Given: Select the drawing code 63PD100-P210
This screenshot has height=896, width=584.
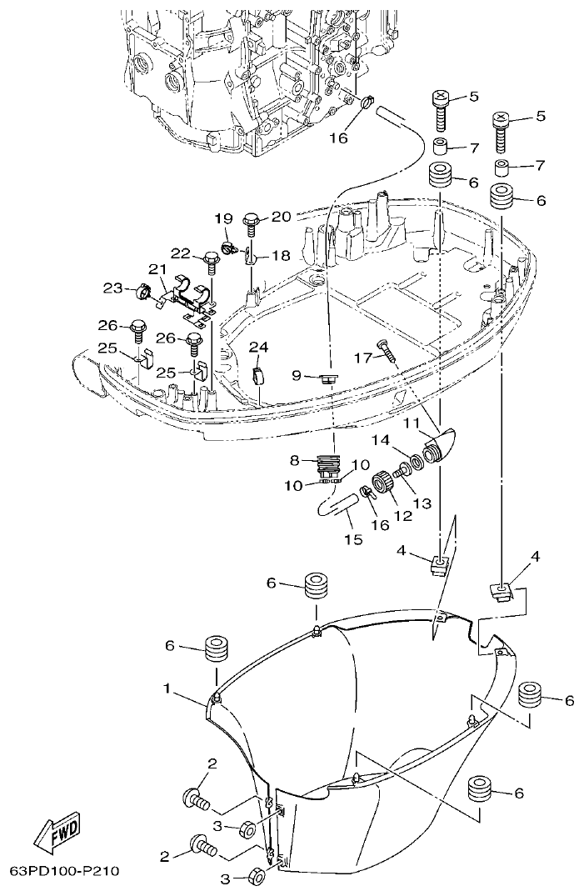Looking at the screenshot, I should pos(64,872).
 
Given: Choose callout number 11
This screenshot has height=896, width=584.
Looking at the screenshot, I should pos(412,423).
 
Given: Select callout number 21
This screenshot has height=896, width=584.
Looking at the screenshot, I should pos(157,268).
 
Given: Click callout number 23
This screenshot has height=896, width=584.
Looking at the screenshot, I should pos(112,288).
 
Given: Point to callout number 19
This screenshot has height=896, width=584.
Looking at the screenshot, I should pos(223,218).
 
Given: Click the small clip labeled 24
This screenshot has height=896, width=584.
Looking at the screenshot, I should pos(258,373).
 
